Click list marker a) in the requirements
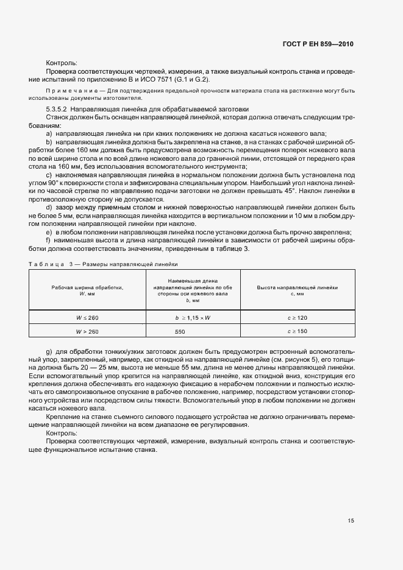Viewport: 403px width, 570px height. tap(49, 133)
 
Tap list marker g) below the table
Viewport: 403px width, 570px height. tap(49, 353)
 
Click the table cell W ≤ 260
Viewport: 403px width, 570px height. tap(88, 318)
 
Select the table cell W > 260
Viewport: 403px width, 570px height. tap(88, 331)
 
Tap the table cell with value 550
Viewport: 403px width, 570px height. tap(180, 331)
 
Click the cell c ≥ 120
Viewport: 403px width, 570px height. tap(298, 318)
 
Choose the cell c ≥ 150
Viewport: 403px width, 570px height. tap(298, 331)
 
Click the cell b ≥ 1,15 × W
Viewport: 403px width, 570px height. tap(188, 318)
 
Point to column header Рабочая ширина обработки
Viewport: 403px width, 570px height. tap(88, 287)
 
